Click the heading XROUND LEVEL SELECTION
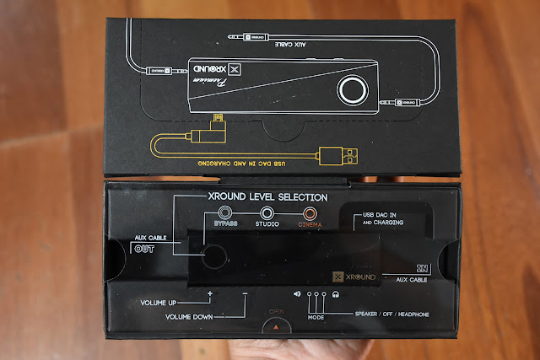(x=268, y=196)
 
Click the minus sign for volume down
(x=244, y=293)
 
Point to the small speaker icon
(x=297, y=293)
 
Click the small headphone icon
(x=335, y=293)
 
